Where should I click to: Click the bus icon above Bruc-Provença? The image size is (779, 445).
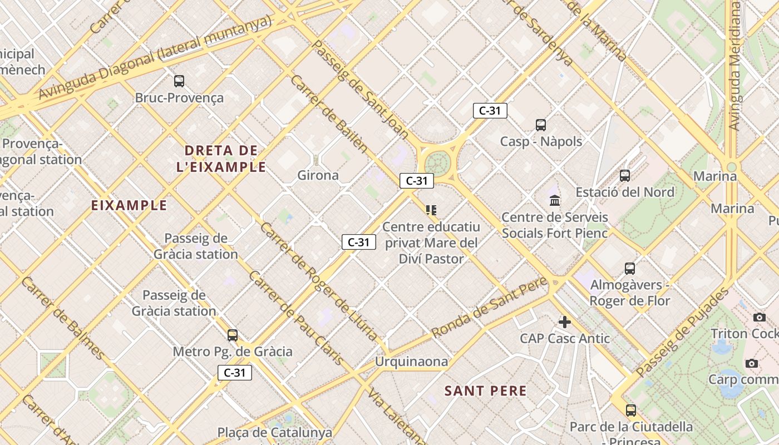coord(179,81)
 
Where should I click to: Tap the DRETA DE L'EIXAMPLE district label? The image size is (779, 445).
coord(221,159)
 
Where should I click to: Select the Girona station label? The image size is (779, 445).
coord(318,175)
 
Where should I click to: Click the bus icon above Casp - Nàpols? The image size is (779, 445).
coord(541,125)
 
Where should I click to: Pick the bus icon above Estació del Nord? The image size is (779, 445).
coord(625,176)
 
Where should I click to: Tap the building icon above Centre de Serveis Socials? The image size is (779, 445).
coord(555,200)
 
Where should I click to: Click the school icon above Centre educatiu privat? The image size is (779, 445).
coord(431,210)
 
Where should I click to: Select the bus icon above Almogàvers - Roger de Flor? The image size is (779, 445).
coord(630,269)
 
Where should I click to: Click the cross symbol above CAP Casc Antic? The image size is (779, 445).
coord(565,322)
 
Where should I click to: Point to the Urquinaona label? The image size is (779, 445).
coord(411,362)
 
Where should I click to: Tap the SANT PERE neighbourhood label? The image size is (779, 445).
coord(485,391)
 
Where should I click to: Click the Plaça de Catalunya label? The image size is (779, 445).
coord(274,432)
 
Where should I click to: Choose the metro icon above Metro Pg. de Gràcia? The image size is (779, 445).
coord(233,335)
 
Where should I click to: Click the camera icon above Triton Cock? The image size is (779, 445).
coord(760,318)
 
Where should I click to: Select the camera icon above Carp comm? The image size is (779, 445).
coord(752,364)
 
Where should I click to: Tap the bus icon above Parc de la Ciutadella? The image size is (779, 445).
coord(630,411)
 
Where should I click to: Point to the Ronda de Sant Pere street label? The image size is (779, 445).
coord(490,308)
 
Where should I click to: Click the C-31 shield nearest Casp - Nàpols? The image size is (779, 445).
coord(490,111)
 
